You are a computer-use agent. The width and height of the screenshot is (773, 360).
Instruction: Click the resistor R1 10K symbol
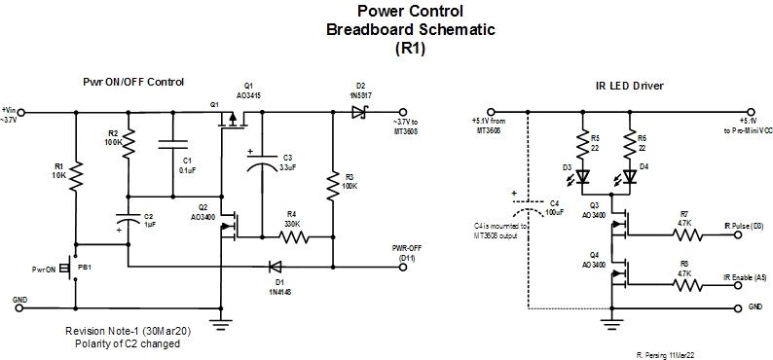pos(75,176)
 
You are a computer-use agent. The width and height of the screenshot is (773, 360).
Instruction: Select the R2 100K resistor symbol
pos(129,143)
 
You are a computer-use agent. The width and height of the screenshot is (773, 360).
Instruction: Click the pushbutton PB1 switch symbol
pos(71,268)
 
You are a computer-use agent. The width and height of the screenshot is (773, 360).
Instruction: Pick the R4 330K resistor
pos(290,235)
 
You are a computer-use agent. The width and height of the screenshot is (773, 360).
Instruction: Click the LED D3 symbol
pos(582,177)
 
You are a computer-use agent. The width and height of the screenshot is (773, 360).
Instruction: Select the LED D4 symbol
pos(629,177)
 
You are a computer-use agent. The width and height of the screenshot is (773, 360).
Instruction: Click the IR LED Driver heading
pos(629,86)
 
